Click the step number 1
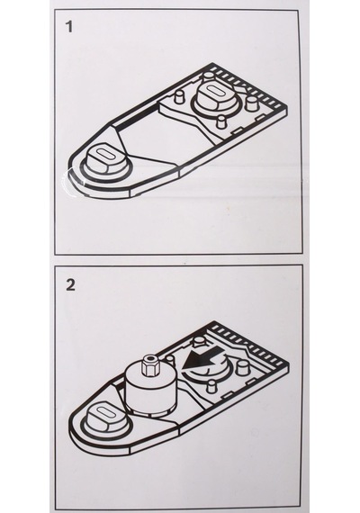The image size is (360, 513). (68, 26)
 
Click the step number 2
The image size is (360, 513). (70, 285)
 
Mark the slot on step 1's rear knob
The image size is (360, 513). (216, 91)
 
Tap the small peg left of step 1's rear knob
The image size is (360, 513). (179, 97)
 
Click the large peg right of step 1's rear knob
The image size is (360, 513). (252, 103)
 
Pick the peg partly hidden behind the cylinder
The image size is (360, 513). (170, 358)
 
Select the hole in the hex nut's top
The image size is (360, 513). (151, 358)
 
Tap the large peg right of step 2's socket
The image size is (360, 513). (241, 367)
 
